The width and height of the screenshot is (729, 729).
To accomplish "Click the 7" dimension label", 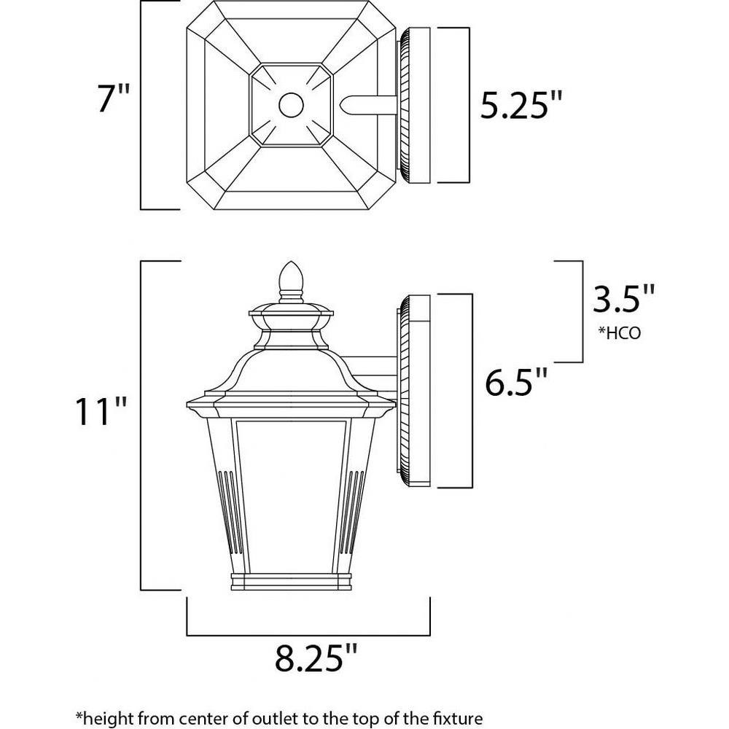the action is tap(113, 98).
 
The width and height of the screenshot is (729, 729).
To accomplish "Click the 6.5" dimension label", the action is tap(516, 382).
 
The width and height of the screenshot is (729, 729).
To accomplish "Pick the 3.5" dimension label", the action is tap(623, 299).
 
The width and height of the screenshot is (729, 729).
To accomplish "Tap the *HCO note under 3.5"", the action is tap(619, 333).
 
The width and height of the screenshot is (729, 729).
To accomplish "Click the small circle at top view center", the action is tap(291, 105).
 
